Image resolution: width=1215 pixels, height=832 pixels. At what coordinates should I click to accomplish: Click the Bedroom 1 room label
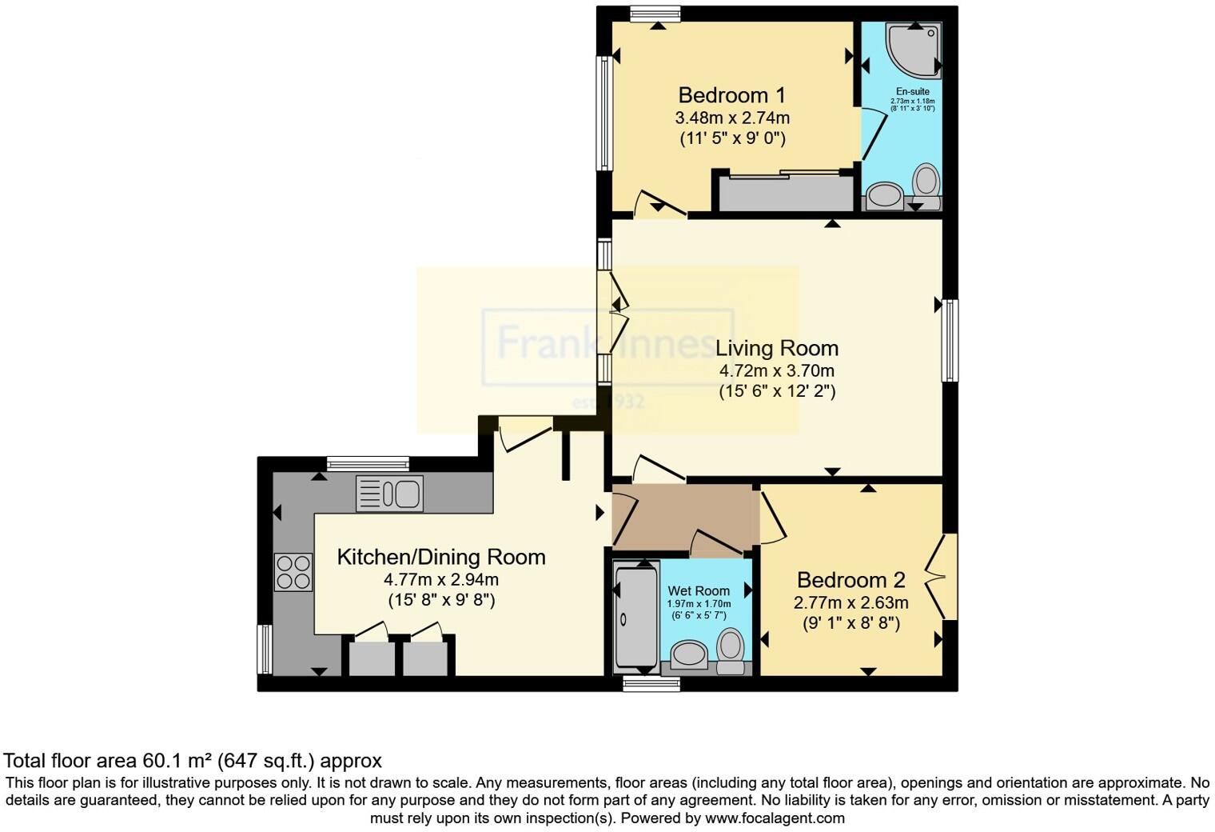(x=731, y=95)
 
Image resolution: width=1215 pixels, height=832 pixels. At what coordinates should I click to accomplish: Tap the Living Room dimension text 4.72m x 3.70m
(x=776, y=370)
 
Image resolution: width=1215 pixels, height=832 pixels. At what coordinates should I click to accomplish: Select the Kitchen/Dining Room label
(x=440, y=557)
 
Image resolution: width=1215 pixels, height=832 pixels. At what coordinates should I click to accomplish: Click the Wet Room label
(x=699, y=590)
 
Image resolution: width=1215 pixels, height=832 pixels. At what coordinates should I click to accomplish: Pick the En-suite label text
(x=912, y=91)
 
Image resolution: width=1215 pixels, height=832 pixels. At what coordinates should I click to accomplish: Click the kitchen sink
(x=389, y=494)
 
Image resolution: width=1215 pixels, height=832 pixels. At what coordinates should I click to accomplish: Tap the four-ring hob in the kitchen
(x=293, y=572)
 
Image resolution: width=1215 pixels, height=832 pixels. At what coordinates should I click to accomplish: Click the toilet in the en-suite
(x=926, y=180)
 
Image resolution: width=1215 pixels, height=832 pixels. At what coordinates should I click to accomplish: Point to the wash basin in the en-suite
(x=885, y=194)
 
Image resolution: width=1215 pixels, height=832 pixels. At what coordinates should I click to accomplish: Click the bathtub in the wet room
(x=635, y=616)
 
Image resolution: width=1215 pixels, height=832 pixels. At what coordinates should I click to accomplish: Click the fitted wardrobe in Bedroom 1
(x=786, y=193)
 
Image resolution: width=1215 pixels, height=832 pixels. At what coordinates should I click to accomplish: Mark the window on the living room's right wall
(x=950, y=340)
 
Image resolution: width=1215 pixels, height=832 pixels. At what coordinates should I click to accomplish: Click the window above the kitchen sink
(x=368, y=463)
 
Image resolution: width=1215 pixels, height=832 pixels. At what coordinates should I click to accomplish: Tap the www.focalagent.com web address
(x=775, y=818)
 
